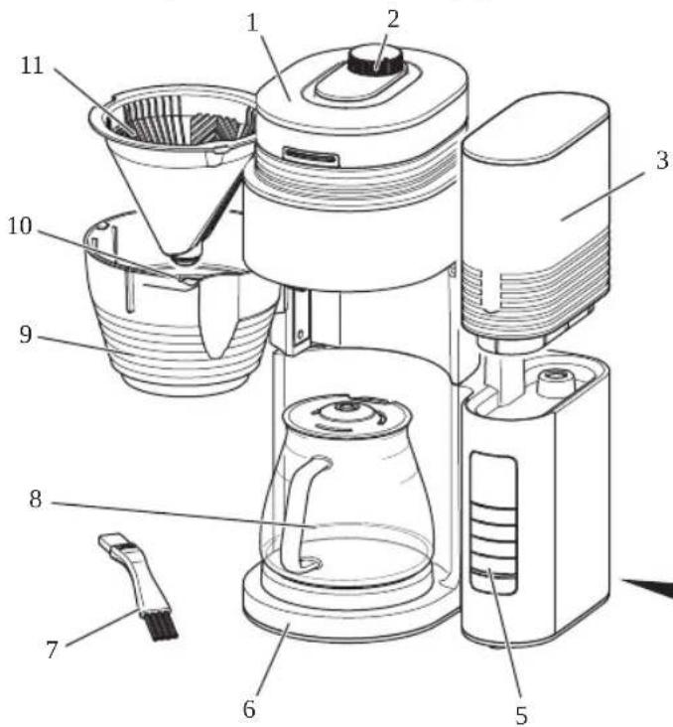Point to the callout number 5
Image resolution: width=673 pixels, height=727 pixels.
click(521, 714)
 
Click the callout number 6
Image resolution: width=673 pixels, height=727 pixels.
click(249, 708)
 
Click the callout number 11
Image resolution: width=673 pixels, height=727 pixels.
click(32, 66)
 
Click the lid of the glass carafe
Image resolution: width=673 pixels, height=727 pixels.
click(346, 411)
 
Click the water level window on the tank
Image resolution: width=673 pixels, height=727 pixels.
click(493, 521)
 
